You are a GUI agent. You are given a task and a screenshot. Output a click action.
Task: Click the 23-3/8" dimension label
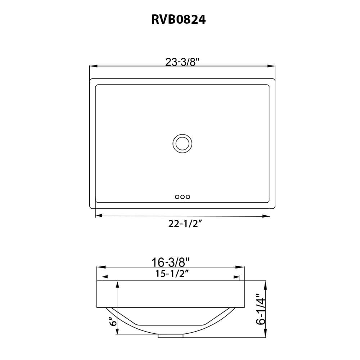pos(183,62)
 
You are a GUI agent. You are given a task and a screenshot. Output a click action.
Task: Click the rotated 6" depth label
pos(113,321)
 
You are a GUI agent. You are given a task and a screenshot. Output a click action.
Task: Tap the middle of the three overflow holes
pos(183,197)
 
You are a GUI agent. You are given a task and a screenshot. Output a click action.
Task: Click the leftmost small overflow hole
pos(177,197)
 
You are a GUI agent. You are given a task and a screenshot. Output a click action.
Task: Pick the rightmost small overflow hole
pos(188,197)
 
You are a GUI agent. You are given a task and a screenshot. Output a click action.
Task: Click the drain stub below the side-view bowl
pos(171,336)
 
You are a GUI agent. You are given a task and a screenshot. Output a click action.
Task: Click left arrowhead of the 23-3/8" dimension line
pos(93,66)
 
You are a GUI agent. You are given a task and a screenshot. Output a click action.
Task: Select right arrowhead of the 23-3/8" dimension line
pos(272,66)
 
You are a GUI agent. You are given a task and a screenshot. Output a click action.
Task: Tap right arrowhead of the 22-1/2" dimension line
pos(267,216)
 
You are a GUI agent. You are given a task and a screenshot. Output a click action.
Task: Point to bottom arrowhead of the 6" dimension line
pos(117,332)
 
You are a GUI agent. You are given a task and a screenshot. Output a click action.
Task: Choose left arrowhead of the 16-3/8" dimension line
pos(100,267)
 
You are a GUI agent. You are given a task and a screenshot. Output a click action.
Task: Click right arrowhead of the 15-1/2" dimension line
pos(237,277)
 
